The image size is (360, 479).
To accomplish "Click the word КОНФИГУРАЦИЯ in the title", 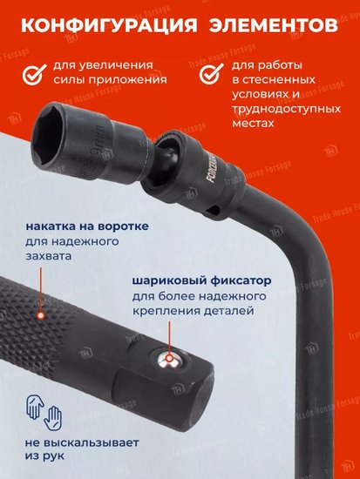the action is click(x=109, y=25).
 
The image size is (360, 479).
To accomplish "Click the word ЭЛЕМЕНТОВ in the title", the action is click(x=274, y=25).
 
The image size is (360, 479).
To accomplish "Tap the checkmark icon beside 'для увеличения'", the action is click(x=34, y=74).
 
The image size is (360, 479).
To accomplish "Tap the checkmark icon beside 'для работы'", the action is click(x=211, y=73).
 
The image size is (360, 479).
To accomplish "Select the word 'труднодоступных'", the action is click(x=286, y=109).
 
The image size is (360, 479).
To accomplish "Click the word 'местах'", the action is click(x=253, y=124).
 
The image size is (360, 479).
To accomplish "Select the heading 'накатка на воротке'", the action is click(x=87, y=226).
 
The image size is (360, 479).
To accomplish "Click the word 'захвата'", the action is click(x=48, y=256).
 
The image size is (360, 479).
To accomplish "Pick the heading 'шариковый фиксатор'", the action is click(x=201, y=280).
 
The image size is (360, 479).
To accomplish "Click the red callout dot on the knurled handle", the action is click(x=40, y=314).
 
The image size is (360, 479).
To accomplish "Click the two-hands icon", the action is click(x=44, y=413).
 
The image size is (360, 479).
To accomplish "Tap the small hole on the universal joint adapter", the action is click(x=214, y=211).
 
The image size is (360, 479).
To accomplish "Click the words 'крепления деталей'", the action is click(x=193, y=311).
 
